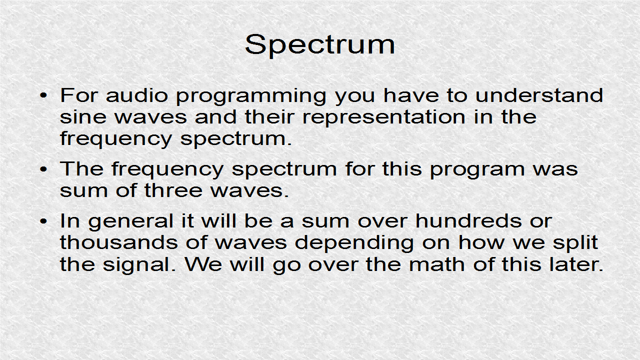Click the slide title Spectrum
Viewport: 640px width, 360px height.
320,45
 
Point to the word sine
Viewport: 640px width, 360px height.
79,117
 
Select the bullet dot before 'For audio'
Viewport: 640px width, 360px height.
44,95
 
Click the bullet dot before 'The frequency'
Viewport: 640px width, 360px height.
44,169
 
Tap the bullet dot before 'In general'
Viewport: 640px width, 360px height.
44,220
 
